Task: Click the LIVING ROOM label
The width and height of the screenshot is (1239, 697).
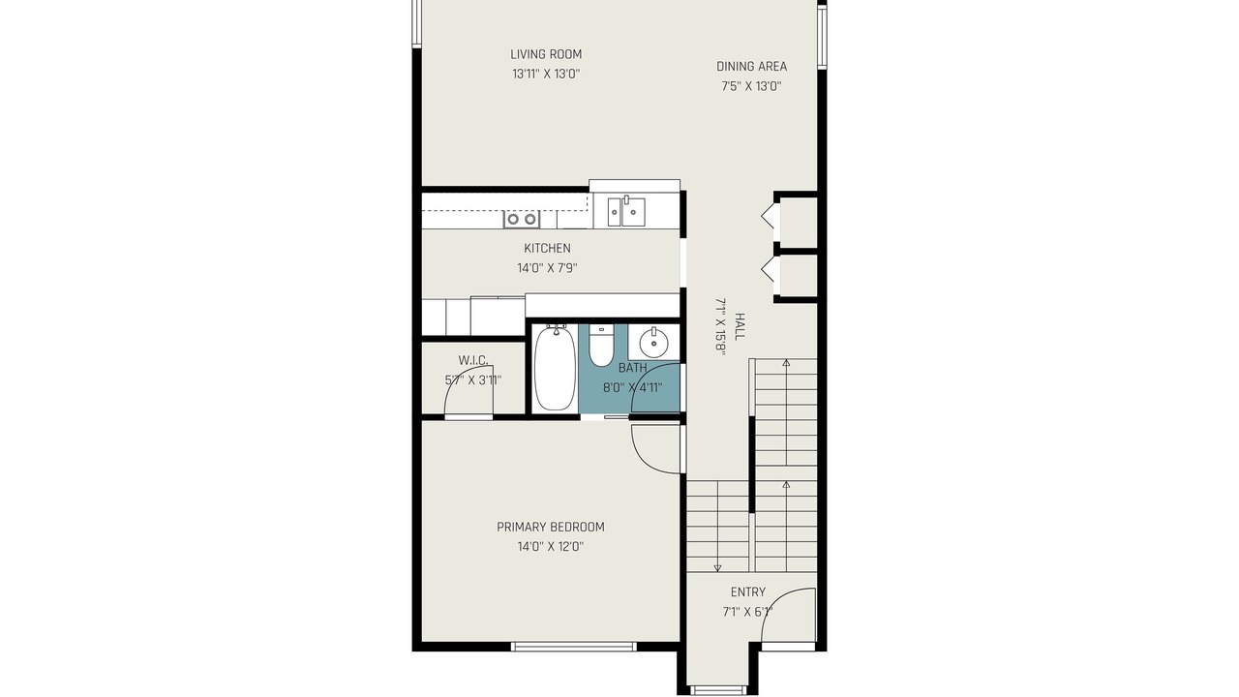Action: point(546,54)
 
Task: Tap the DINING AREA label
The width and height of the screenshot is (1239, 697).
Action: point(751,67)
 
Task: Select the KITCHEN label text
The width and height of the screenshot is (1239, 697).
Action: point(547,249)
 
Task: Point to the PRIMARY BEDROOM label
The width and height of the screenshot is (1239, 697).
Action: point(551,528)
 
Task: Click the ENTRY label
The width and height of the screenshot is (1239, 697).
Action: point(748,592)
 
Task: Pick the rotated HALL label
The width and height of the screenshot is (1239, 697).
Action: point(740,326)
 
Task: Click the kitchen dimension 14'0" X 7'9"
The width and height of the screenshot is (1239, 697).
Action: point(547,268)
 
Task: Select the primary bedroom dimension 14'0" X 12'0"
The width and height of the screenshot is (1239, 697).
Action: point(551,547)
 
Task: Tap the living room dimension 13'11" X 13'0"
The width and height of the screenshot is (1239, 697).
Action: point(546,75)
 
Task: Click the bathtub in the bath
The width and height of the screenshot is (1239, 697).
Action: point(555,368)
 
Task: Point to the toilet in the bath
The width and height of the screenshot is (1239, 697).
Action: point(601,346)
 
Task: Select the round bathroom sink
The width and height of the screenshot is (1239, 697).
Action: point(653,343)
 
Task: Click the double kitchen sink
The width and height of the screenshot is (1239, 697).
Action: point(626,212)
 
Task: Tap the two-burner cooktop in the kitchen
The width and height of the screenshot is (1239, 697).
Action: point(522,219)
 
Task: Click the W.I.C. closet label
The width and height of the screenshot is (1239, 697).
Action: point(473,361)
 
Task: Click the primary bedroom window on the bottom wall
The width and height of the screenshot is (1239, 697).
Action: point(574,646)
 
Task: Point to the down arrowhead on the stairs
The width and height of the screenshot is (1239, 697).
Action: point(717,568)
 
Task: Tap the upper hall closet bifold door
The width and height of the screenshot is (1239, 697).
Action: point(768,218)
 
